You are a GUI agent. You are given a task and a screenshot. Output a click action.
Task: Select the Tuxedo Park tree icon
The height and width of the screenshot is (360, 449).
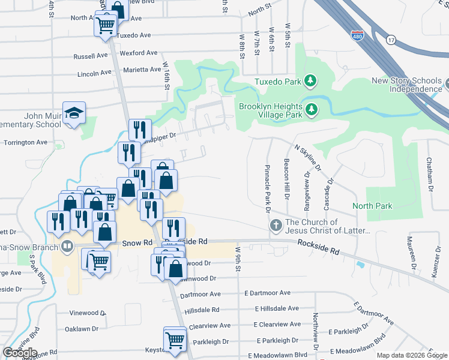(x=310, y=80)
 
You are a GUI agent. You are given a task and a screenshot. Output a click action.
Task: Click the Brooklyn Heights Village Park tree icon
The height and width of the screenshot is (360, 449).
(x=311, y=109)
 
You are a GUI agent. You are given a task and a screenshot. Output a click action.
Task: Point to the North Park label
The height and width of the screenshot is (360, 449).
(x=372, y=206)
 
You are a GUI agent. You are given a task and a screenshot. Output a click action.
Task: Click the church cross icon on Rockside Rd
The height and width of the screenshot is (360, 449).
(x=276, y=226)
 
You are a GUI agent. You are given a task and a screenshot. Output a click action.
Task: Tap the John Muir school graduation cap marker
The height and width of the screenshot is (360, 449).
(x=74, y=113)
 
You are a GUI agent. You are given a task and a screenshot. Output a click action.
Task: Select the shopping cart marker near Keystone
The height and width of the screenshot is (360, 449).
(x=175, y=339)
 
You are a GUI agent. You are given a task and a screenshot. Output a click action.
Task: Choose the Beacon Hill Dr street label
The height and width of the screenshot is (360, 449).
(x=287, y=184)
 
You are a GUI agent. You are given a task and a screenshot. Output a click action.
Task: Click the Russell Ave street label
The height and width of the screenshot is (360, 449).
(x=90, y=56)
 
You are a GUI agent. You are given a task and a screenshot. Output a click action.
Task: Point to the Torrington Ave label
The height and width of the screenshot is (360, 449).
(x=25, y=143)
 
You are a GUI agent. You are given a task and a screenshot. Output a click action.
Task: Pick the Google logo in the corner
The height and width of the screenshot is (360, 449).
(x=20, y=353)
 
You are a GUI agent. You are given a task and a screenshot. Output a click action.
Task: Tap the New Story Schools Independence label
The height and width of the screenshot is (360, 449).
(x=407, y=85)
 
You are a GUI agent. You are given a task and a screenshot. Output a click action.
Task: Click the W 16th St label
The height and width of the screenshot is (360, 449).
(x=166, y=74)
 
